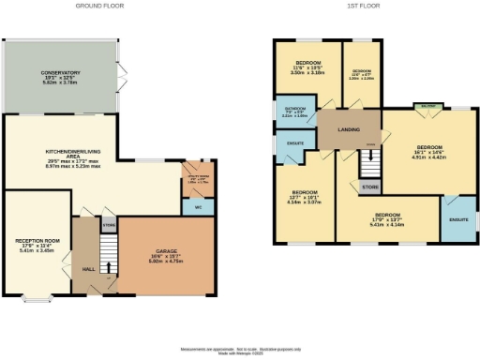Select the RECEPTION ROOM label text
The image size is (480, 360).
coord(37,247)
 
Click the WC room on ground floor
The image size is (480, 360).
coord(197,205)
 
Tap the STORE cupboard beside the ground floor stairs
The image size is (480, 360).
coord(109,225)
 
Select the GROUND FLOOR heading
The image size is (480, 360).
coord(98,5)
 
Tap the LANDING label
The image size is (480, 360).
coord(349,128)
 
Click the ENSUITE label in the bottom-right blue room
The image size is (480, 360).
coord(458,219)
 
